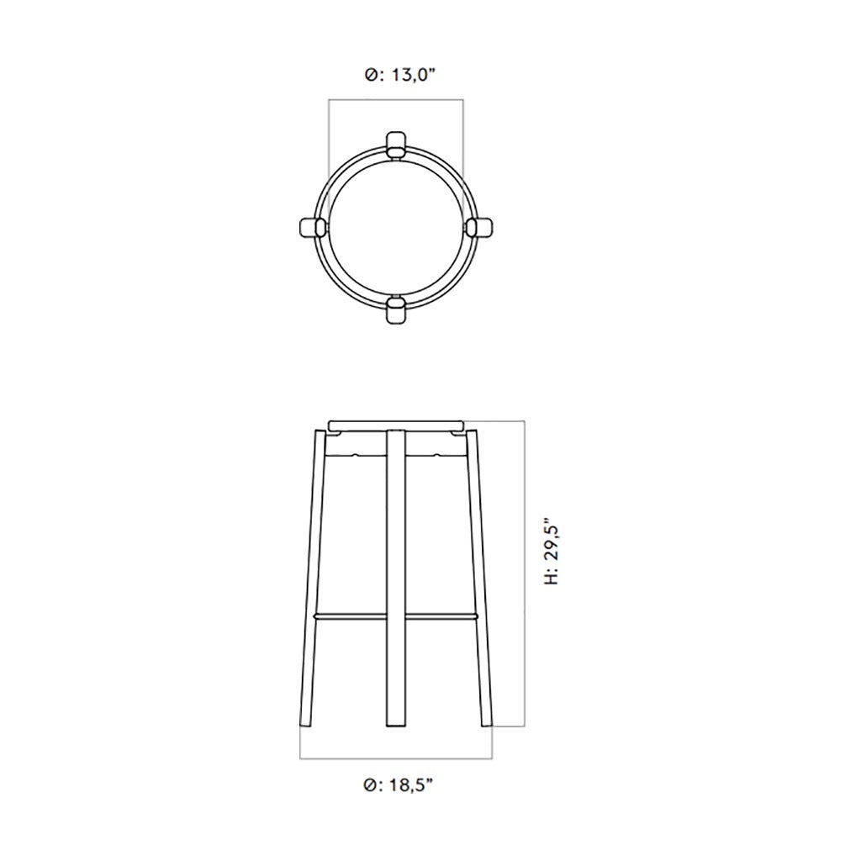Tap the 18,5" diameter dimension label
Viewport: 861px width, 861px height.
399,785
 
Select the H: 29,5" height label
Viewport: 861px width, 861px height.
552,556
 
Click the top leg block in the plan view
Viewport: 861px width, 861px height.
395,145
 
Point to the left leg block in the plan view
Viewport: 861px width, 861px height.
313,227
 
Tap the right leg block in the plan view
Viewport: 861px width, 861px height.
478,227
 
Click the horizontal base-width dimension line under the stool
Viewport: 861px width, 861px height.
396,758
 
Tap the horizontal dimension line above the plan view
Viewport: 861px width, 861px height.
395,100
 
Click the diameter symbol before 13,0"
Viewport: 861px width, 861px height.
371,76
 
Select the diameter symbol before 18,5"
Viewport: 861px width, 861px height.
370,785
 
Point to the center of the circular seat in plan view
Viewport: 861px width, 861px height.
395,227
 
